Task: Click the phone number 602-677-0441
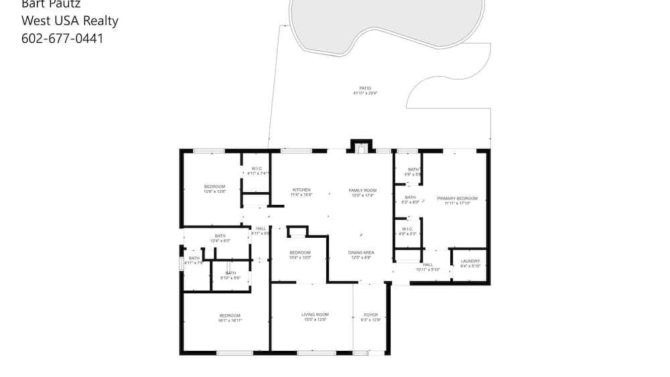(62, 38)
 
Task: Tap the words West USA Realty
(70, 21)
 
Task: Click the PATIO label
(365, 88)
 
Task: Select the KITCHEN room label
(301, 190)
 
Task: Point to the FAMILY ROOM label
(362, 191)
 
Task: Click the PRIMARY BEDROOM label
(457, 198)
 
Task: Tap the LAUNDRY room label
(470, 261)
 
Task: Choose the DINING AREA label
(361, 252)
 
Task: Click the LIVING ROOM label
(315, 315)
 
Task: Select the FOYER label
(371, 315)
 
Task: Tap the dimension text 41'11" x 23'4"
(365, 94)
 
